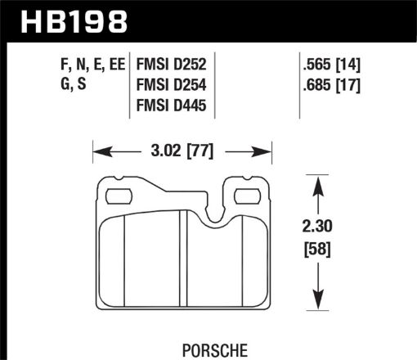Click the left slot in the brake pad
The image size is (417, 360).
coord(119,196)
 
